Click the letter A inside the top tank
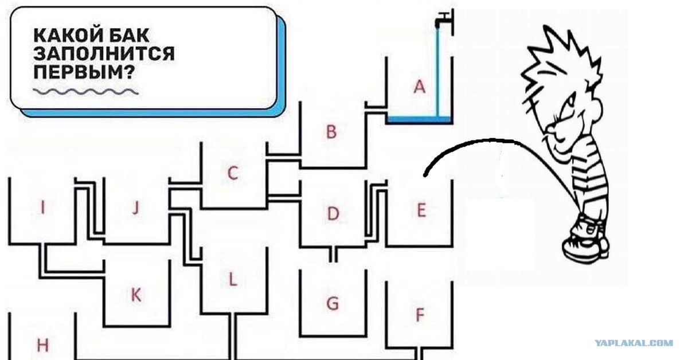tap(420, 87)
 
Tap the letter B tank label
tap(331, 131)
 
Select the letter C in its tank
tap(233, 173)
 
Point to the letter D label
tap(333, 213)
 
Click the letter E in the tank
tap(421, 210)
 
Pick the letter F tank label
tap(420, 315)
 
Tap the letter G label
tap(333, 303)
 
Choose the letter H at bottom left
tap(42, 345)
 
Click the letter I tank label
tap(43, 207)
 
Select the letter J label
tap(136, 207)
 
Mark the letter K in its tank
tap(136, 295)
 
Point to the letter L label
tap(233, 280)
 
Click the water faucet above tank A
tap(444, 20)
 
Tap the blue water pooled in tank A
tap(420, 119)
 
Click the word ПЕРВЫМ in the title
tap(84, 72)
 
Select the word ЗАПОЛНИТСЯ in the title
tap(104, 54)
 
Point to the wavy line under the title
tap(85, 92)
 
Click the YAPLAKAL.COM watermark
tap(634, 343)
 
